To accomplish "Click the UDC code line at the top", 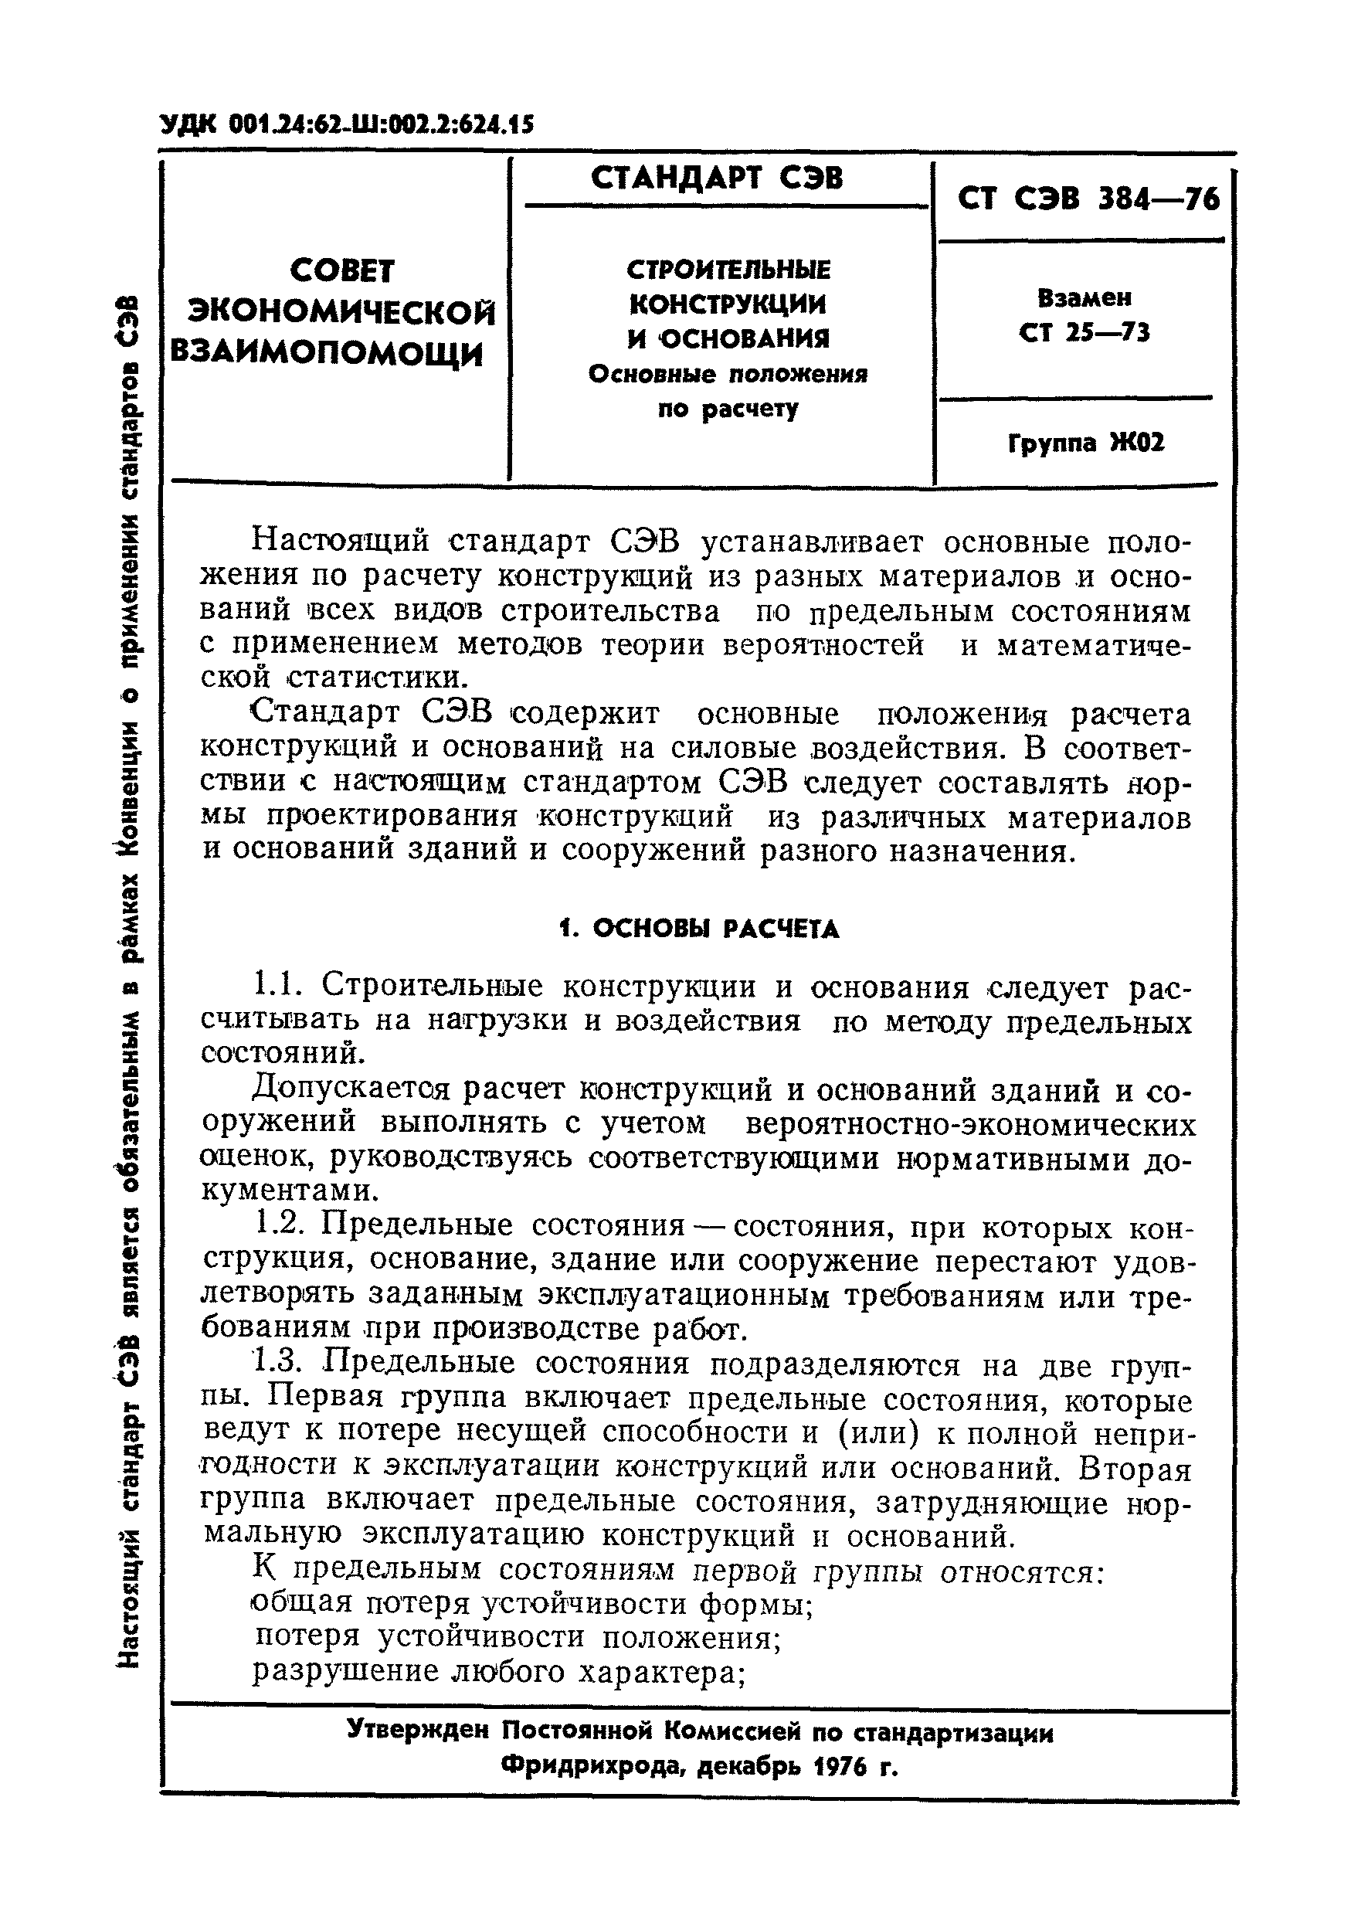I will [x=346, y=124].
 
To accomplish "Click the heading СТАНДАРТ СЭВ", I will [x=717, y=178].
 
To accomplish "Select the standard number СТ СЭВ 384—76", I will [x=1088, y=199].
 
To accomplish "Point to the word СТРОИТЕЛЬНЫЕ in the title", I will [x=728, y=270].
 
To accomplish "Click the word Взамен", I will [x=1084, y=297].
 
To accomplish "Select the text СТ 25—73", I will [x=1084, y=333].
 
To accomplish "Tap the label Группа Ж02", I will [x=1085, y=442].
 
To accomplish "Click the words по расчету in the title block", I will [x=728, y=409].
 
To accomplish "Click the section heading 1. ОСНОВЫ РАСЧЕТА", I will [x=698, y=929].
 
